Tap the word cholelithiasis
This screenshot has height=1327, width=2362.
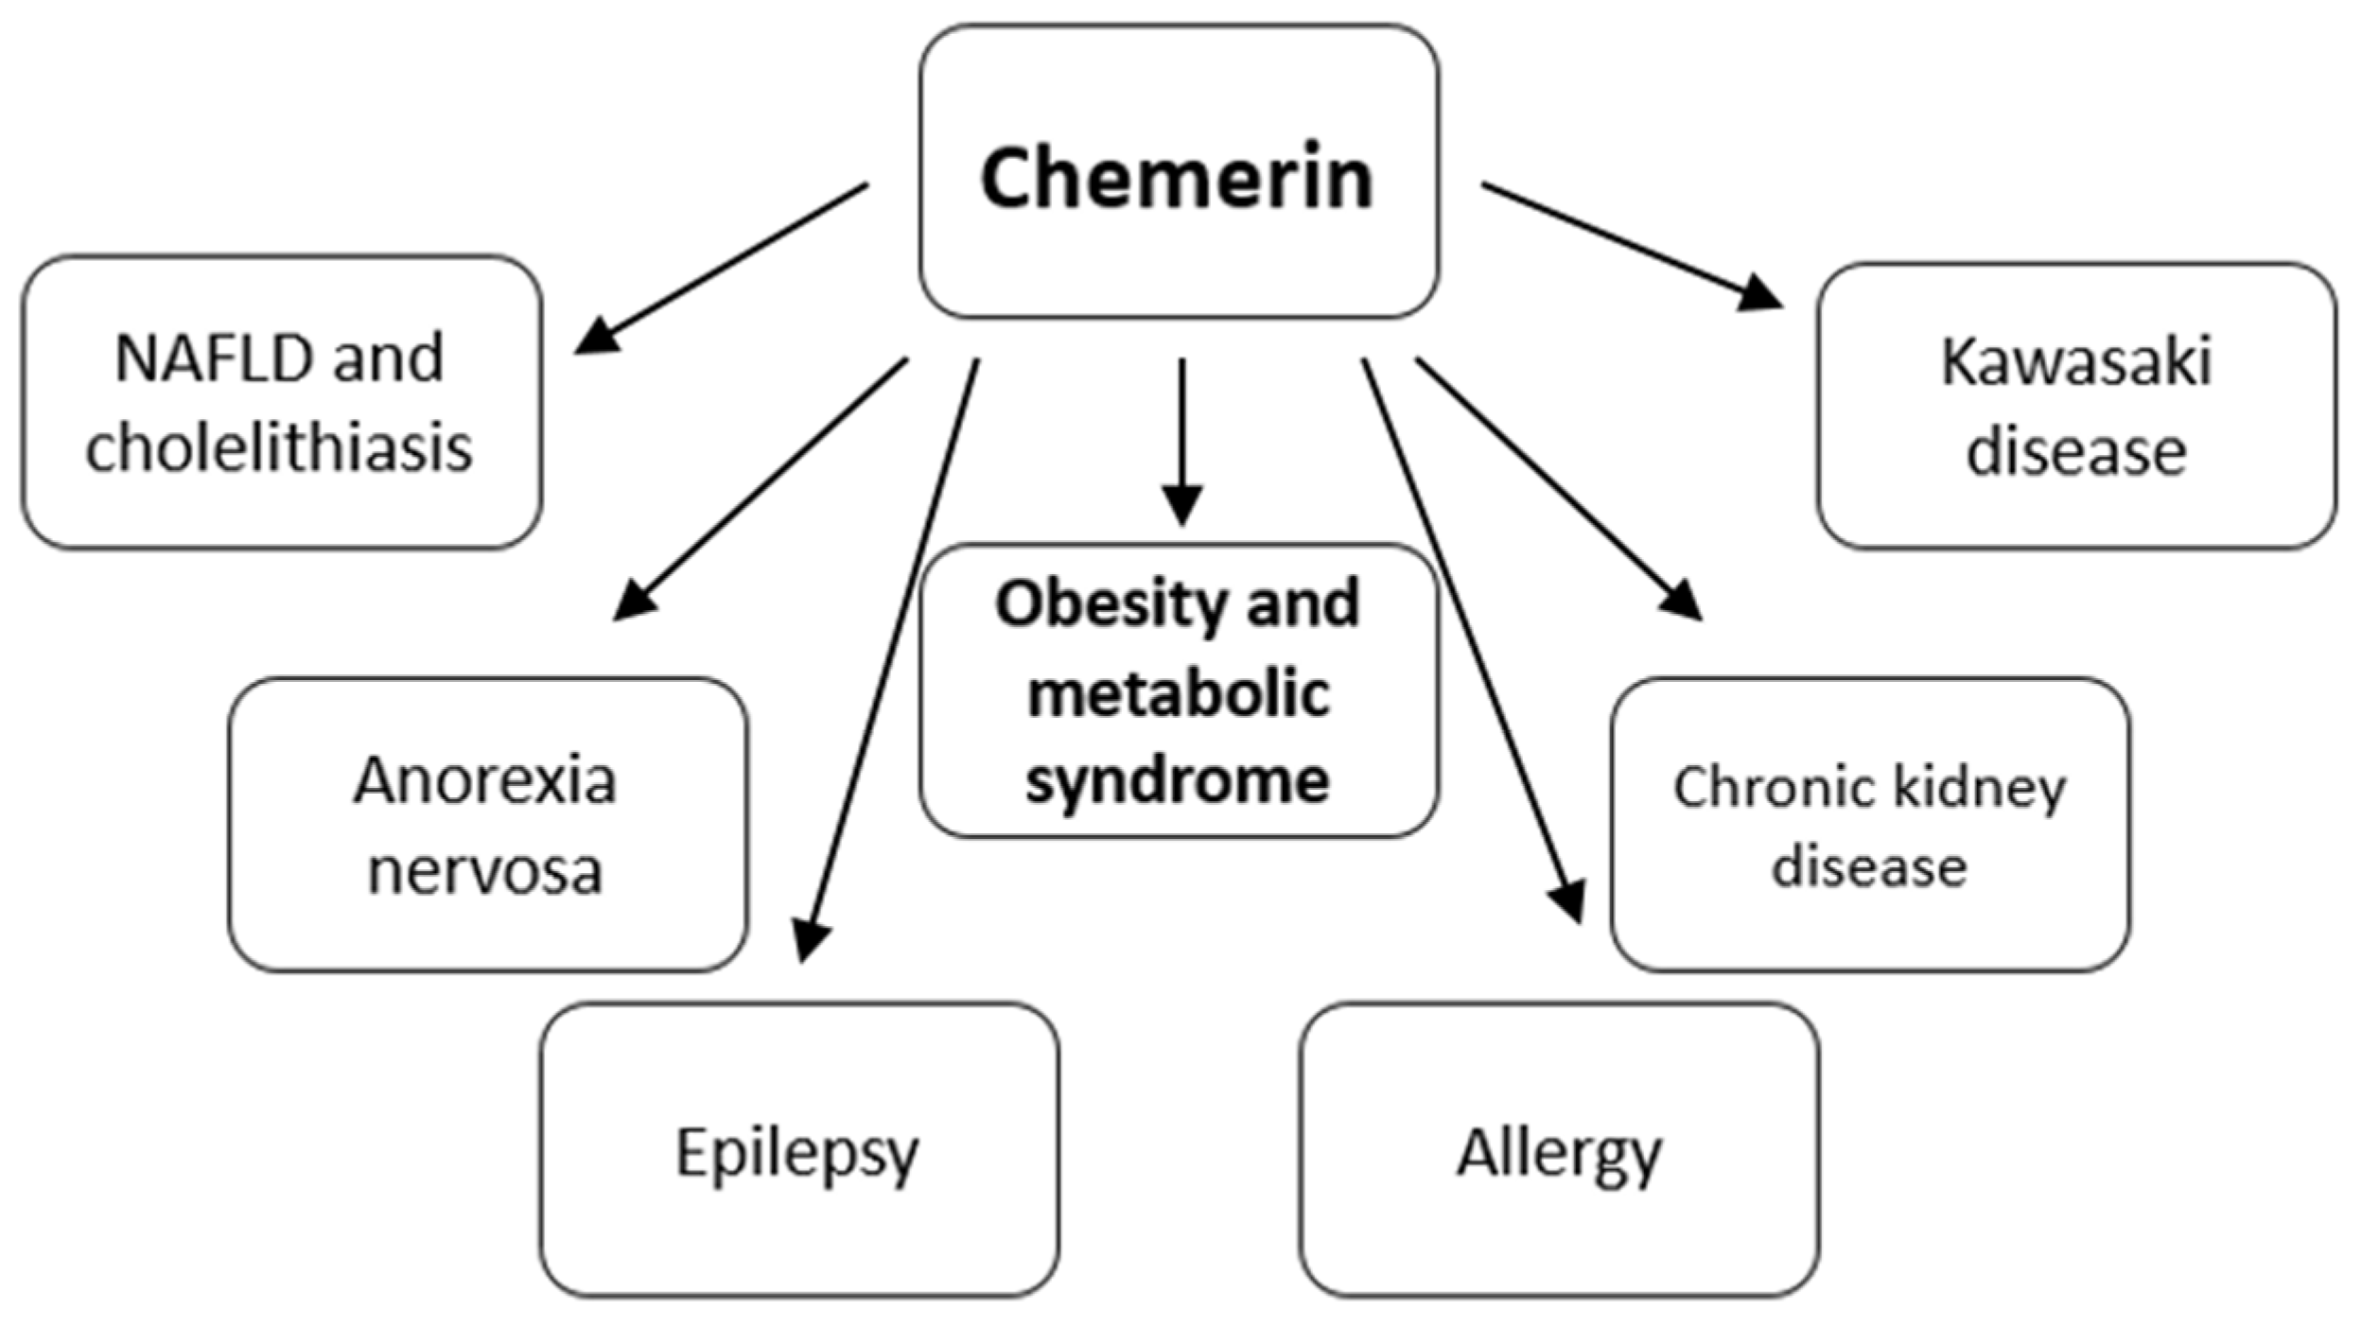[279, 447]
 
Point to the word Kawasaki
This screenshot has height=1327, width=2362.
[2076, 362]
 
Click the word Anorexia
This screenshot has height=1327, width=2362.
[484, 781]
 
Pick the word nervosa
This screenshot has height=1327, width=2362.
[484, 870]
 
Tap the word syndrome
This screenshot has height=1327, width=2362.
[1178, 781]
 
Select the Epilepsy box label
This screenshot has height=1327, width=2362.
[796, 1153]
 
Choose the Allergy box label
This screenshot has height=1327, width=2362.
[1558, 1153]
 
